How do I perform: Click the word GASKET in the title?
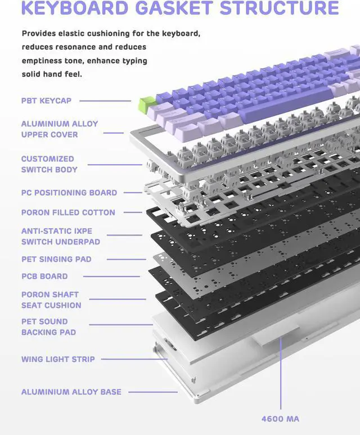[168, 9]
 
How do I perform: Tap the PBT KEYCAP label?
[46, 101]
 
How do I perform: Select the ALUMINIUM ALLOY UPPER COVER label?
[59, 129]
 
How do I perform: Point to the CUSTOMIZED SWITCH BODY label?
[49, 164]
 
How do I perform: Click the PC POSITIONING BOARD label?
[69, 193]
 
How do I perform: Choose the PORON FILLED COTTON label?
[67, 212]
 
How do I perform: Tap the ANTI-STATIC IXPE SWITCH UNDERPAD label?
[60, 236]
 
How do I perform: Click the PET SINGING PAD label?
[56, 259]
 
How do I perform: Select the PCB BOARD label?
[44, 277]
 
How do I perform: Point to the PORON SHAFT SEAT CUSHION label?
[51, 300]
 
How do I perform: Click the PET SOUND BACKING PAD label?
[48, 327]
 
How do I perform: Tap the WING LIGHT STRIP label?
[58, 359]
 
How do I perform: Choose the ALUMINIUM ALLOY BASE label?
[71, 392]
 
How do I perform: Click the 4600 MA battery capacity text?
[280, 419]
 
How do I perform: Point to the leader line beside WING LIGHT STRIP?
[133, 359]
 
